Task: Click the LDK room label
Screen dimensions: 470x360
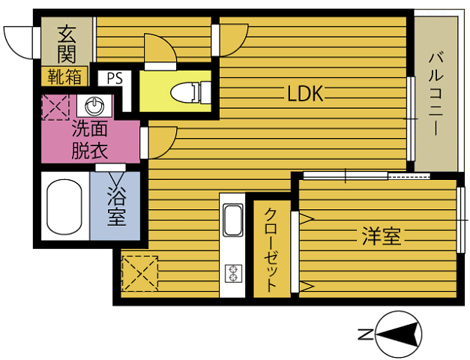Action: pyautogui.click(x=305, y=94)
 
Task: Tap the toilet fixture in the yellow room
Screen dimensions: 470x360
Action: pyautogui.click(x=190, y=92)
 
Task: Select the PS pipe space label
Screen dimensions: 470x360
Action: pyautogui.click(x=115, y=79)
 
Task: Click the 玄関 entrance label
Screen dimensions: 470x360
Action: pyautogui.click(x=67, y=45)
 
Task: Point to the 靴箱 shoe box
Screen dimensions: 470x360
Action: pyautogui.click(x=64, y=76)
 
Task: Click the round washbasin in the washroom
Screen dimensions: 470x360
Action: pyautogui.click(x=94, y=106)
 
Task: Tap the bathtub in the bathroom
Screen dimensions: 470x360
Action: pyautogui.click(x=64, y=207)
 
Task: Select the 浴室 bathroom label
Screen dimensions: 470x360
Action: pyautogui.click(x=117, y=207)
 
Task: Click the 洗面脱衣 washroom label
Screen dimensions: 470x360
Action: pyautogui.click(x=90, y=140)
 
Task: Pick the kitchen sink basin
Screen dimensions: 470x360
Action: pyautogui.click(x=233, y=220)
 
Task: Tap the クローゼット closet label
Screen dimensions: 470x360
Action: pyautogui.click(x=271, y=250)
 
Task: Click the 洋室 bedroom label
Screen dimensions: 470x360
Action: pyautogui.click(x=381, y=236)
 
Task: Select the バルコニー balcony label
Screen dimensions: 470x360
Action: pyautogui.click(x=436, y=94)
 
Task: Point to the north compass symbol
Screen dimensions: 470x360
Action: pyautogui.click(x=400, y=334)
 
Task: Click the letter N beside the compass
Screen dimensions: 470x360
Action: pyautogui.click(x=366, y=334)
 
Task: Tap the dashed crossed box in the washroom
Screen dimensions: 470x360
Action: pyautogui.click(x=55, y=107)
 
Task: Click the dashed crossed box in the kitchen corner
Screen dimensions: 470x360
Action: pyautogui.click(x=140, y=273)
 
